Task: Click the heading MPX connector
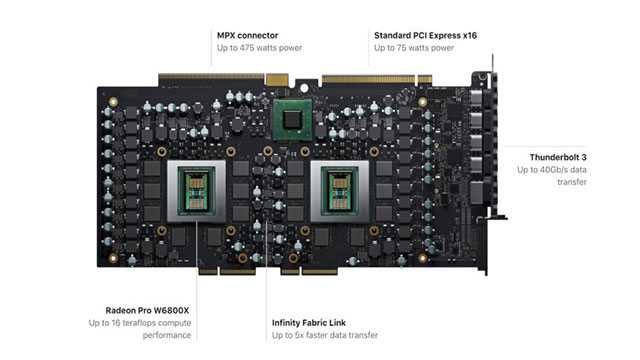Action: pos(247,36)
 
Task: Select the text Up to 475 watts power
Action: pos(259,48)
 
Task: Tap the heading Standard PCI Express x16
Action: pos(425,36)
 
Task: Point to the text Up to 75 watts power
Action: pos(414,48)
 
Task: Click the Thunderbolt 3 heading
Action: pos(558,157)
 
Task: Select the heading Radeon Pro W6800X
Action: pos(147,311)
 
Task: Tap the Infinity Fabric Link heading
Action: pos(309,323)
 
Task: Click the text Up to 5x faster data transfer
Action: pos(324,335)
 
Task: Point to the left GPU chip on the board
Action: pos(196,191)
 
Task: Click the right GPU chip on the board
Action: pos(340,191)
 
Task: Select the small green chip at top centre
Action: pos(292,120)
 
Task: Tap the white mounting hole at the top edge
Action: pos(304,88)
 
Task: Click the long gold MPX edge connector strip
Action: pos(211,76)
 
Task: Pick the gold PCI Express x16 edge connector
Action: pos(368,78)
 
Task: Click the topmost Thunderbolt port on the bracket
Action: pos(476,98)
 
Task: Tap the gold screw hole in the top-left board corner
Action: pos(113,102)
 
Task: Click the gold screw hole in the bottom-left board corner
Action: pos(113,258)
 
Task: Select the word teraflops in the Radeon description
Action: pos(139,323)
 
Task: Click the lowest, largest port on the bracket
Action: pos(477,192)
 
